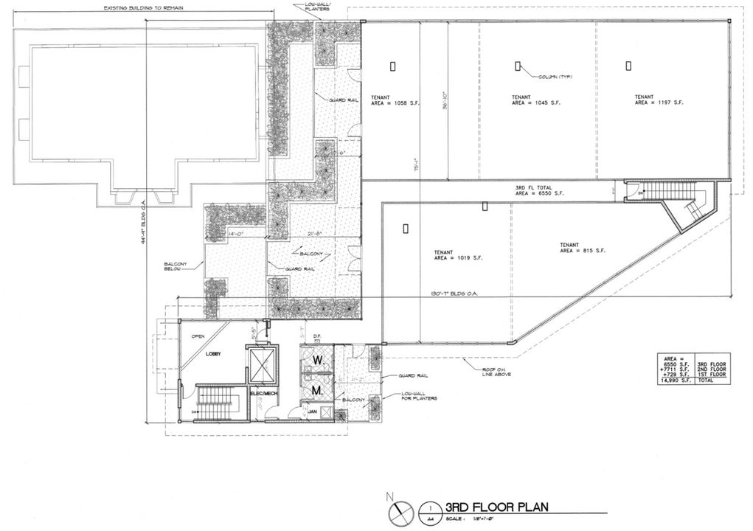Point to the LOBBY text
(x=214, y=353)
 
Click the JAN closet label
(x=312, y=412)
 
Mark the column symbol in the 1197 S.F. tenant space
(x=628, y=66)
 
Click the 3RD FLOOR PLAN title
(x=496, y=507)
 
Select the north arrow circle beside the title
(x=399, y=510)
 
